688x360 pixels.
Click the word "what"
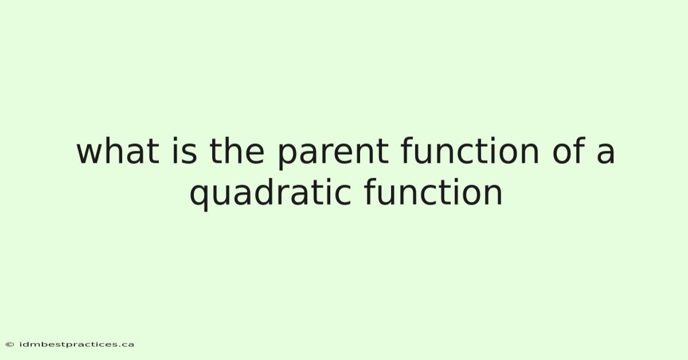tap(118, 151)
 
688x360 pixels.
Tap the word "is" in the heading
tap(184, 151)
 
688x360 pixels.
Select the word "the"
tap(236, 151)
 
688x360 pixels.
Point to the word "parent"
tap(333, 154)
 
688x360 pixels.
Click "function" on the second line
tap(433, 192)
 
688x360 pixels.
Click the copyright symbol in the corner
tap(10, 345)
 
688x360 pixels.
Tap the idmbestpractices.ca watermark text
tap(77, 345)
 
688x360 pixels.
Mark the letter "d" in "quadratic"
tap(265, 192)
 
